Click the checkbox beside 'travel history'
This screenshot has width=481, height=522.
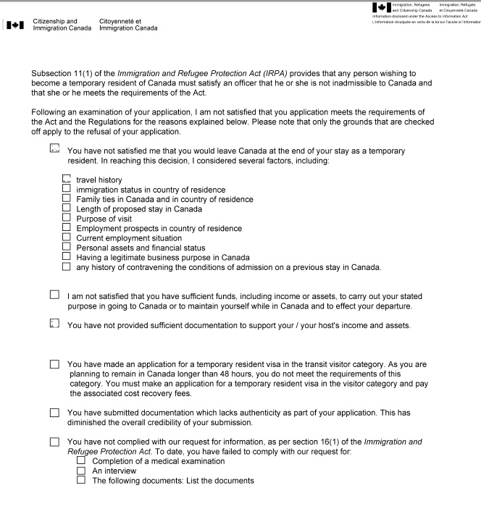pyautogui.click(x=67, y=179)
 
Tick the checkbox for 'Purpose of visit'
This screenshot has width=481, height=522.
pyautogui.click(x=67, y=219)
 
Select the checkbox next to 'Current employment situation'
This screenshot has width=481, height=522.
pyautogui.click(x=67, y=237)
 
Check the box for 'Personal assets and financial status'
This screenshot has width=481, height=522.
pyautogui.click(x=67, y=247)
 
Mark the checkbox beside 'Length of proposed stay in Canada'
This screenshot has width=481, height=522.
pyautogui.click(x=67, y=209)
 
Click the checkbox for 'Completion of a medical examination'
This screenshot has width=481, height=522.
pyautogui.click(x=81, y=460)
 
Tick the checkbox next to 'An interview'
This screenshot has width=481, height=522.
pyautogui.click(x=81, y=471)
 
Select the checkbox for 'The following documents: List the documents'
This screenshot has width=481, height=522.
pyautogui.click(x=81, y=480)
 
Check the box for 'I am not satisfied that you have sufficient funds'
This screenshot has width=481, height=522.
pyautogui.click(x=55, y=295)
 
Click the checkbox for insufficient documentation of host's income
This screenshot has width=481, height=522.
pyautogui.click(x=55, y=325)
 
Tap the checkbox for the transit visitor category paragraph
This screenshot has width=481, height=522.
pyautogui.click(x=55, y=365)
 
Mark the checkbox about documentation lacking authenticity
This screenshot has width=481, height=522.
pyautogui.click(x=55, y=413)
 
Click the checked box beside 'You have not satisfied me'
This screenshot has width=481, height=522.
pyautogui.click(x=55, y=150)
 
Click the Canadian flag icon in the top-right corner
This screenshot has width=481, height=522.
pyautogui.click(x=380, y=8)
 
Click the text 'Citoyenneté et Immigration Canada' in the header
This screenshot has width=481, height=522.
pyautogui.click(x=127, y=25)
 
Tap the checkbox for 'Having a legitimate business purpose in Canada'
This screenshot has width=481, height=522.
pyautogui.click(x=67, y=257)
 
